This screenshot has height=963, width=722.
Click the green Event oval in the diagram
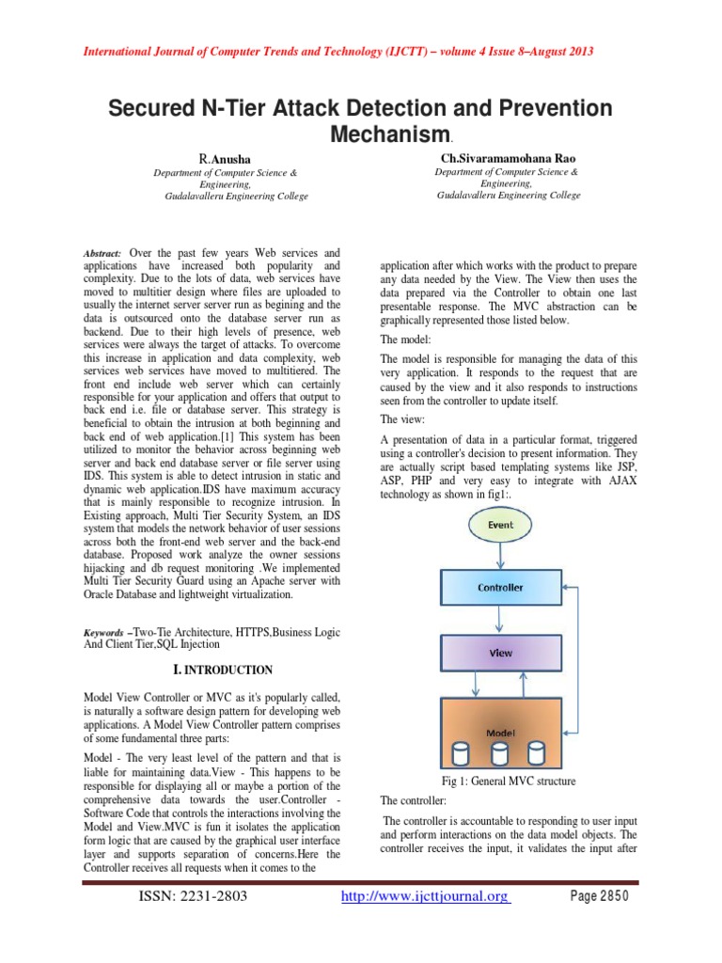(x=500, y=525)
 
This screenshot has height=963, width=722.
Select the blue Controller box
(x=500, y=588)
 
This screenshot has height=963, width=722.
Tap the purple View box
(x=500, y=650)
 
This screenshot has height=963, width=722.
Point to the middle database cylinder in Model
(x=499, y=753)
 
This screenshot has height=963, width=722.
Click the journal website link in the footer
(x=426, y=896)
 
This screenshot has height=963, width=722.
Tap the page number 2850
(x=600, y=896)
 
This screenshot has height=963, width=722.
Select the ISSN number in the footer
(x=193, y=896)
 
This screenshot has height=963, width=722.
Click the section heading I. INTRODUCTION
(x=223, y=670)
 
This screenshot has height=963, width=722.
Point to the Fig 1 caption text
(x=509, y=781)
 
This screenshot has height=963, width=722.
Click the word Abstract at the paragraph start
(x=102, y=255)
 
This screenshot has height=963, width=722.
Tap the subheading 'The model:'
(x=406, y=339)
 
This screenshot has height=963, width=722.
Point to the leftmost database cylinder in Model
(x=462, y=753)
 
